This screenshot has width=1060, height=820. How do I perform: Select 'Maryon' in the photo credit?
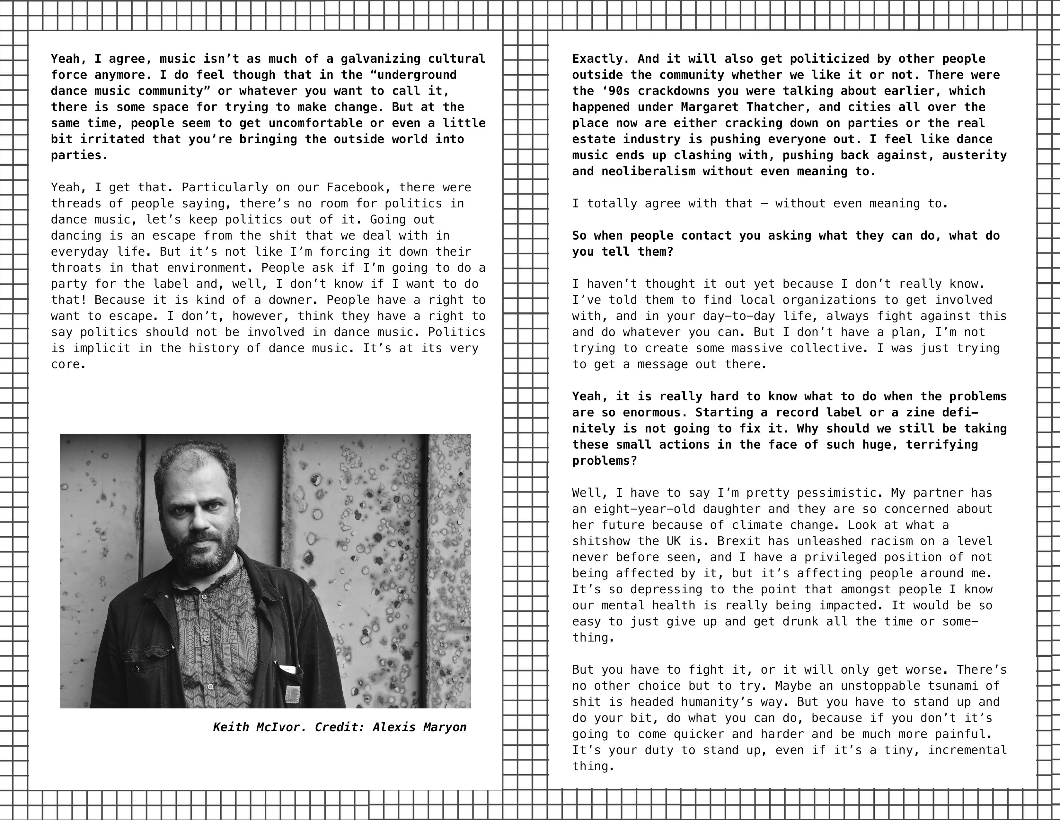click(445, 727)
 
